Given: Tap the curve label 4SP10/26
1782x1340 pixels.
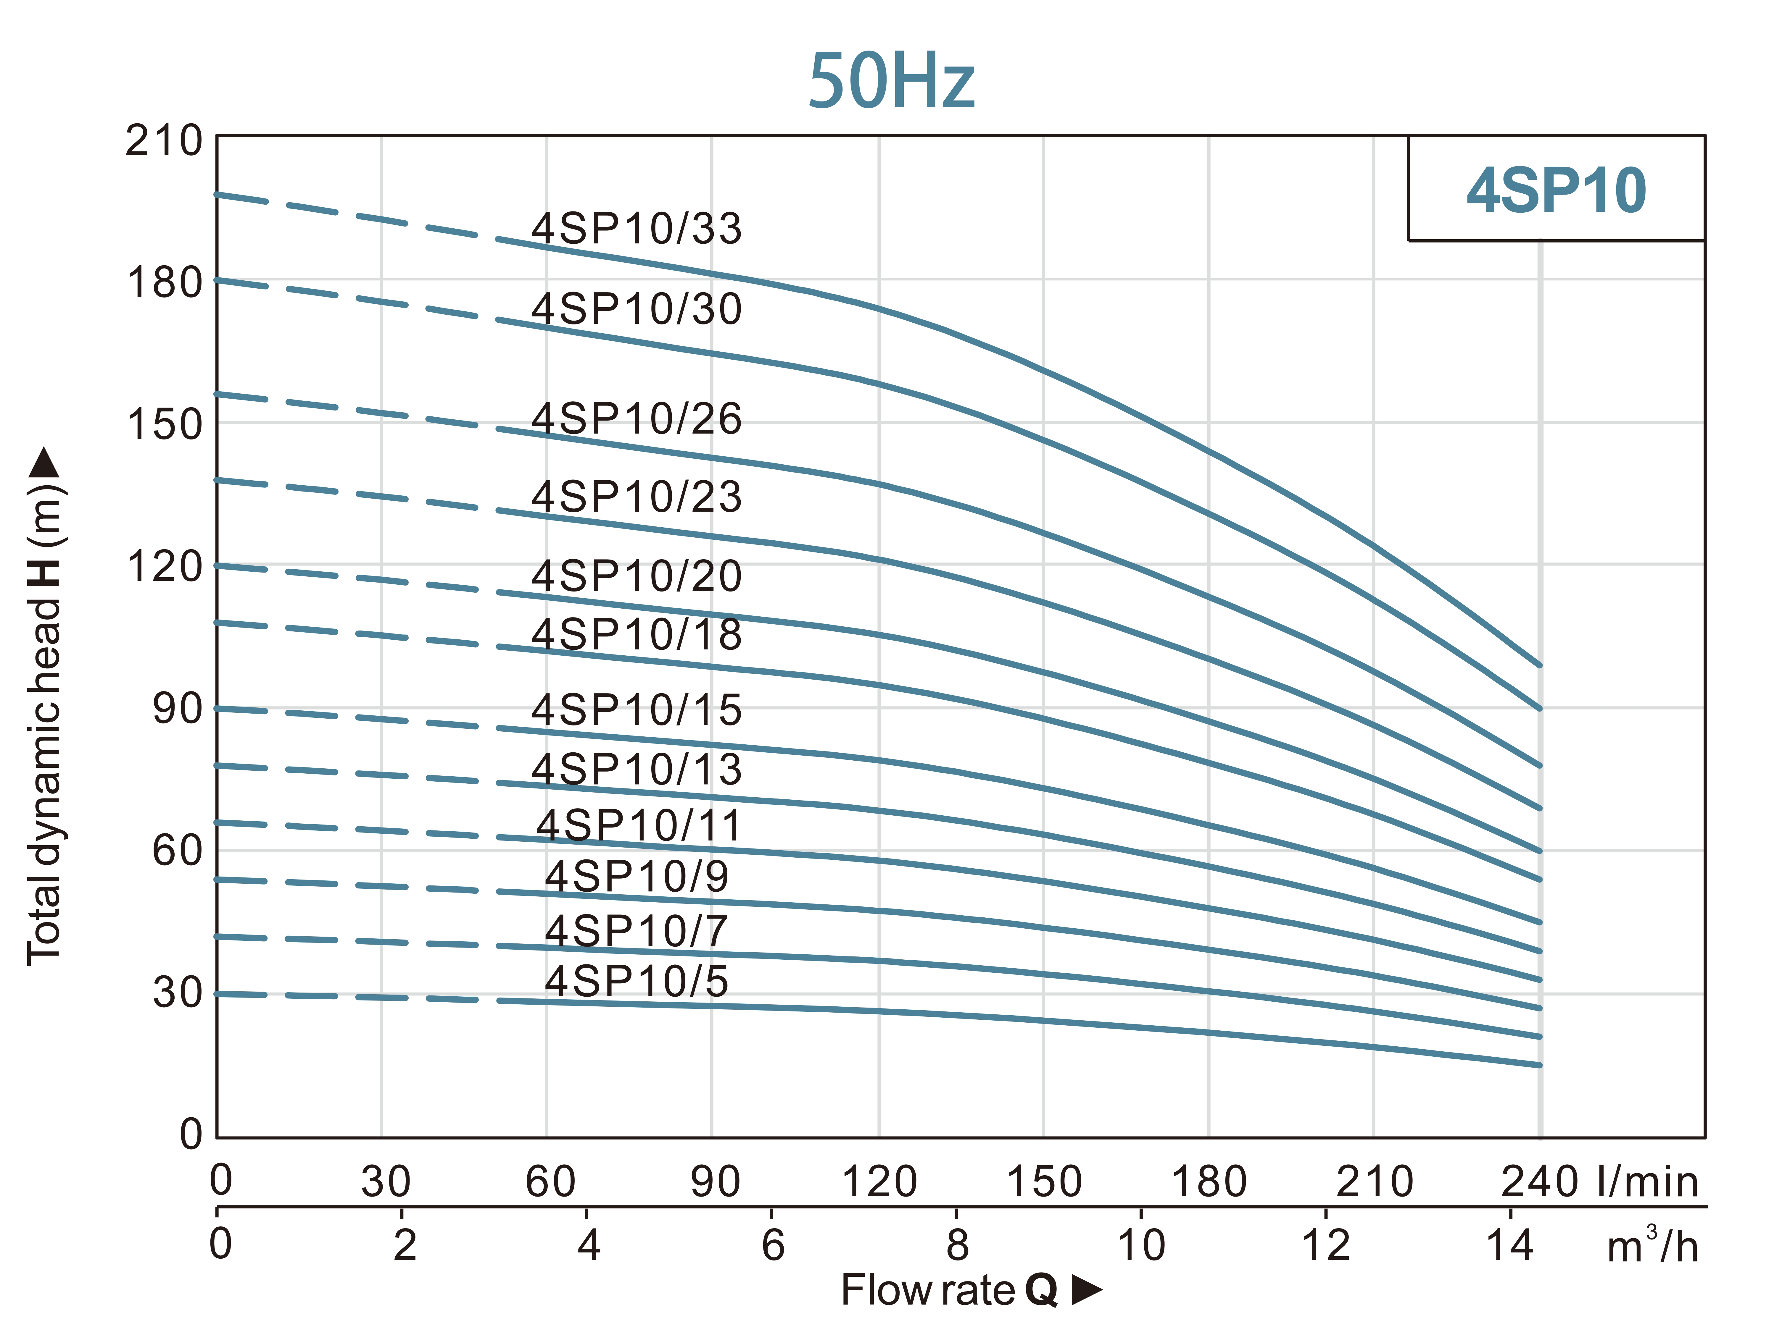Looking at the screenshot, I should (x=637, y=419).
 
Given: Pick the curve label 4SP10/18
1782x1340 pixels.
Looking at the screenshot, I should (x=637, y=635).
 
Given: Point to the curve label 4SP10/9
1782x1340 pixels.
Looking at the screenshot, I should (x=637, y=876).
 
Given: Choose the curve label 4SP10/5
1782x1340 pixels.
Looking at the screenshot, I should (x=637, y=981).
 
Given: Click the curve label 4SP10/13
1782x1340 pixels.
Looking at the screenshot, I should (x=637, y=769).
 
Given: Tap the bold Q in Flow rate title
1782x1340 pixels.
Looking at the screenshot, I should (x=1041, y=1290).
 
